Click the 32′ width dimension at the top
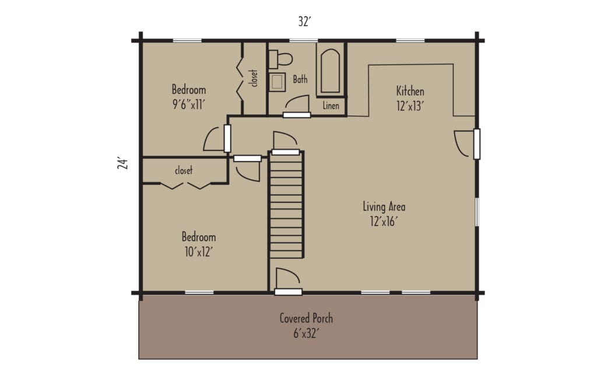tap(304, 22)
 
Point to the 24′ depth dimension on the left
tap(122, 163)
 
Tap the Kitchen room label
tap(410, 91)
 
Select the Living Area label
tap(384, 206)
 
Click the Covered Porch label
tap(306, 318)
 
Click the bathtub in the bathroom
tap(330, 71)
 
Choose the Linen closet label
tap(331, 106)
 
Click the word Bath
tap(300, 80)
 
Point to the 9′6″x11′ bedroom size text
tap(188, 104)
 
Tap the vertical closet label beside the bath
tap(254, 78)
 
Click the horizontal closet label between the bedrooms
tap(184, 171)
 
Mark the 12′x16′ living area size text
tap(384, 221)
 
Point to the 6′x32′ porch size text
tap(306, 335)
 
